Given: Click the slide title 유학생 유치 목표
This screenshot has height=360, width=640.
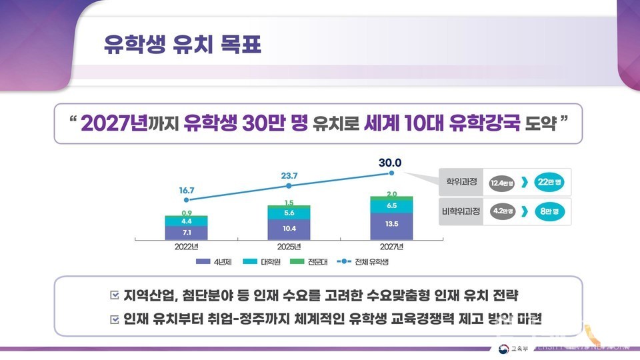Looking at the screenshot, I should [x=181, y=46].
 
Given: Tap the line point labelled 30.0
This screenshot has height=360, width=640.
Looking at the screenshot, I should [x=391, y=173].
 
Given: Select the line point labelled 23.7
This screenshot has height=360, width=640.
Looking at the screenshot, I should [x=289, y=188].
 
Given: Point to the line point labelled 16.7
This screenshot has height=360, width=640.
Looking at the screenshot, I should [x=187, y=199].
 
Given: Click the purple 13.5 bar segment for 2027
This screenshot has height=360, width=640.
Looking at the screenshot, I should [x=391, y=225].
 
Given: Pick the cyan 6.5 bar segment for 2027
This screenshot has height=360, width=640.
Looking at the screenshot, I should [x=391, y=205].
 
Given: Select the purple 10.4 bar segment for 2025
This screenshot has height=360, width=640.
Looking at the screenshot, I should [x=289, y=228].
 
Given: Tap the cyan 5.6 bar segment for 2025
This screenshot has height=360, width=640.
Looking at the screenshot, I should [x=289, y=213].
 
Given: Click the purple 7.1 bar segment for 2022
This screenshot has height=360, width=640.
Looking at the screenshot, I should [x=187, y=232].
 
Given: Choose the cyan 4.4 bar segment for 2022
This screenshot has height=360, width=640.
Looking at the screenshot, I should [x=187, y=221].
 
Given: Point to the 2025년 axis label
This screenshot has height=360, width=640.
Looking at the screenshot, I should [x=289, y=246].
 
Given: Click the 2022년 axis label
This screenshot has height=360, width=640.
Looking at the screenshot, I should [x=187, y=246].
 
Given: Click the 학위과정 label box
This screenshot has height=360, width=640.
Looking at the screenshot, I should [x=460, y=180].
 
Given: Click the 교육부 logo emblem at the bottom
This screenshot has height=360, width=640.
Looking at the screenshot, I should [x=501, y=349].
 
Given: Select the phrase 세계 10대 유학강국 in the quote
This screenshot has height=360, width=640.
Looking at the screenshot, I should [x=441, y=123].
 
